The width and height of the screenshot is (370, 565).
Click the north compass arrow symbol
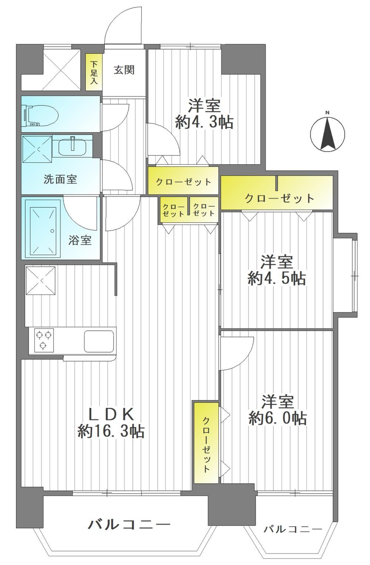(x=327, y=134)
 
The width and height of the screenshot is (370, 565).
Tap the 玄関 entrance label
(x=124, y=70)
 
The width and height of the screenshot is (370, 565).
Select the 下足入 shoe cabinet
(x=94, y=72)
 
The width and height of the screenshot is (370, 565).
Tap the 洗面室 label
(x=60, y=179)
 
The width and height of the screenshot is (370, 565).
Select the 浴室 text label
(x=80, y=241)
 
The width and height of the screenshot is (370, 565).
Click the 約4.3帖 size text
(x=204, y=122)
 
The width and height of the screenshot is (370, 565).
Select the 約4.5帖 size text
(x=277, y=279)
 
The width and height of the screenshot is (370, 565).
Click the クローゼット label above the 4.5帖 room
(x=279, y=198)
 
